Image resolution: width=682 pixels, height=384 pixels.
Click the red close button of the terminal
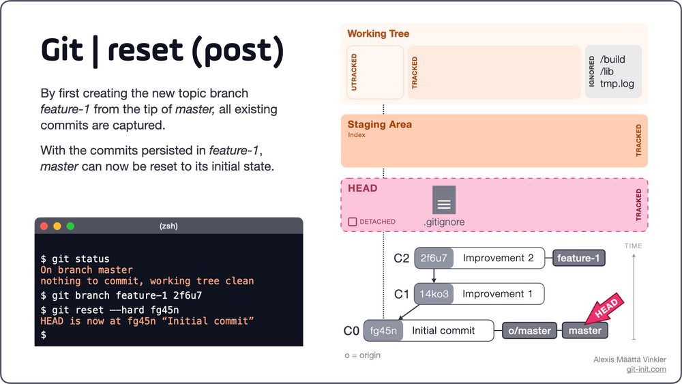tap(44, 226)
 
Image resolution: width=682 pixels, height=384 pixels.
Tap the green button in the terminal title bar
tap(70, 226)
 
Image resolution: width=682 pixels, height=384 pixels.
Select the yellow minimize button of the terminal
tap(57, 226)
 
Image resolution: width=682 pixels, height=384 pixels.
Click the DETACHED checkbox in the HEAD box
tap(353, 222)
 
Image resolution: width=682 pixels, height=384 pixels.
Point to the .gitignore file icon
tap(444, 200)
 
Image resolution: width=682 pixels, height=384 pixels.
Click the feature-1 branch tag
tap(578, 259)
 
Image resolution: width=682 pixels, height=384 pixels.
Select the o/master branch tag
tap(529, 331)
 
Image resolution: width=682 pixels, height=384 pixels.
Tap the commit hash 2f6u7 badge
tap(434, 259)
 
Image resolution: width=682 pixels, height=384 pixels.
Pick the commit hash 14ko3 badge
tap(434, 294)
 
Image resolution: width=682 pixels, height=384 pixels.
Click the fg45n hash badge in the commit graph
tap(383, 331)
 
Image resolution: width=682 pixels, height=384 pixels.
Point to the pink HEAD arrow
tap(604, 309)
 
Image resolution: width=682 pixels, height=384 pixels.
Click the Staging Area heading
tap(380, 124)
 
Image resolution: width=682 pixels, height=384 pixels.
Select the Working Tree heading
tap(379, 33)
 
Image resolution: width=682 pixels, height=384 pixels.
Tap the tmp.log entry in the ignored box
tap(617, 83)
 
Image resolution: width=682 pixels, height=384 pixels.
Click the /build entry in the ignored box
tap(612, 59)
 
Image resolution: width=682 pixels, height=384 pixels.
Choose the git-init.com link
tap(647, 369)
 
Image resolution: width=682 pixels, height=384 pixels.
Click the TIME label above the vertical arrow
tap(634, 246)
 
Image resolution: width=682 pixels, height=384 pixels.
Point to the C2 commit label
tap(402, 259)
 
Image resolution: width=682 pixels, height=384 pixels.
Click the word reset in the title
tap(145, 50)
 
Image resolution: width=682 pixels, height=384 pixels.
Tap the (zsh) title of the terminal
tap(168, 226)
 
